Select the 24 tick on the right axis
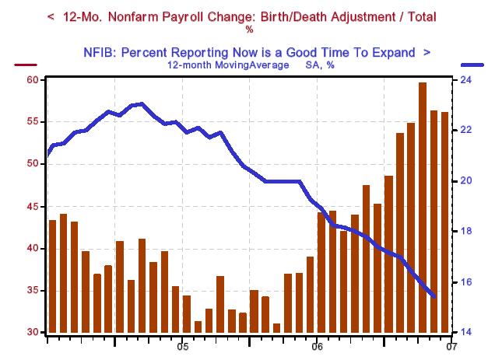[462, 80]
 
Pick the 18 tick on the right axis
[462, 232]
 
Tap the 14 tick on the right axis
[462, 333]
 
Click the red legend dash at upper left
[26, 66]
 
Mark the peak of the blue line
[139, 103]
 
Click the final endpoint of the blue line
[434, 296]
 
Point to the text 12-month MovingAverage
[219, 65]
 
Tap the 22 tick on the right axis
[462, 131]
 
